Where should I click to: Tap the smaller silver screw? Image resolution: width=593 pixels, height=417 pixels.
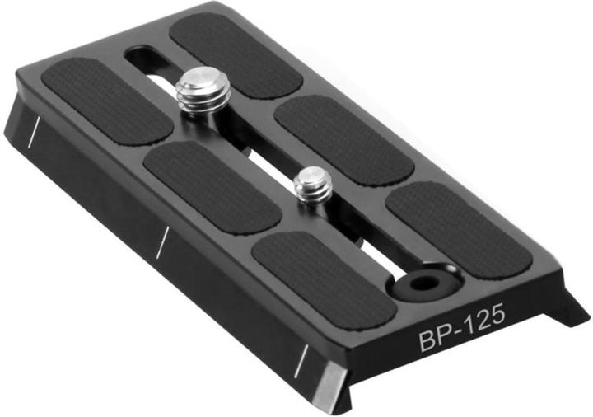[314, 185]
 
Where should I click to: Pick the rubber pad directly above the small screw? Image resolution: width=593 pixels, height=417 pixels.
[343, 139]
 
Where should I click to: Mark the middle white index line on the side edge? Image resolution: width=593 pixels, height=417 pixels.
[162, 239]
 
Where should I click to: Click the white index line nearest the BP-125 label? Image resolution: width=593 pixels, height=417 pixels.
[302, 357]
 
